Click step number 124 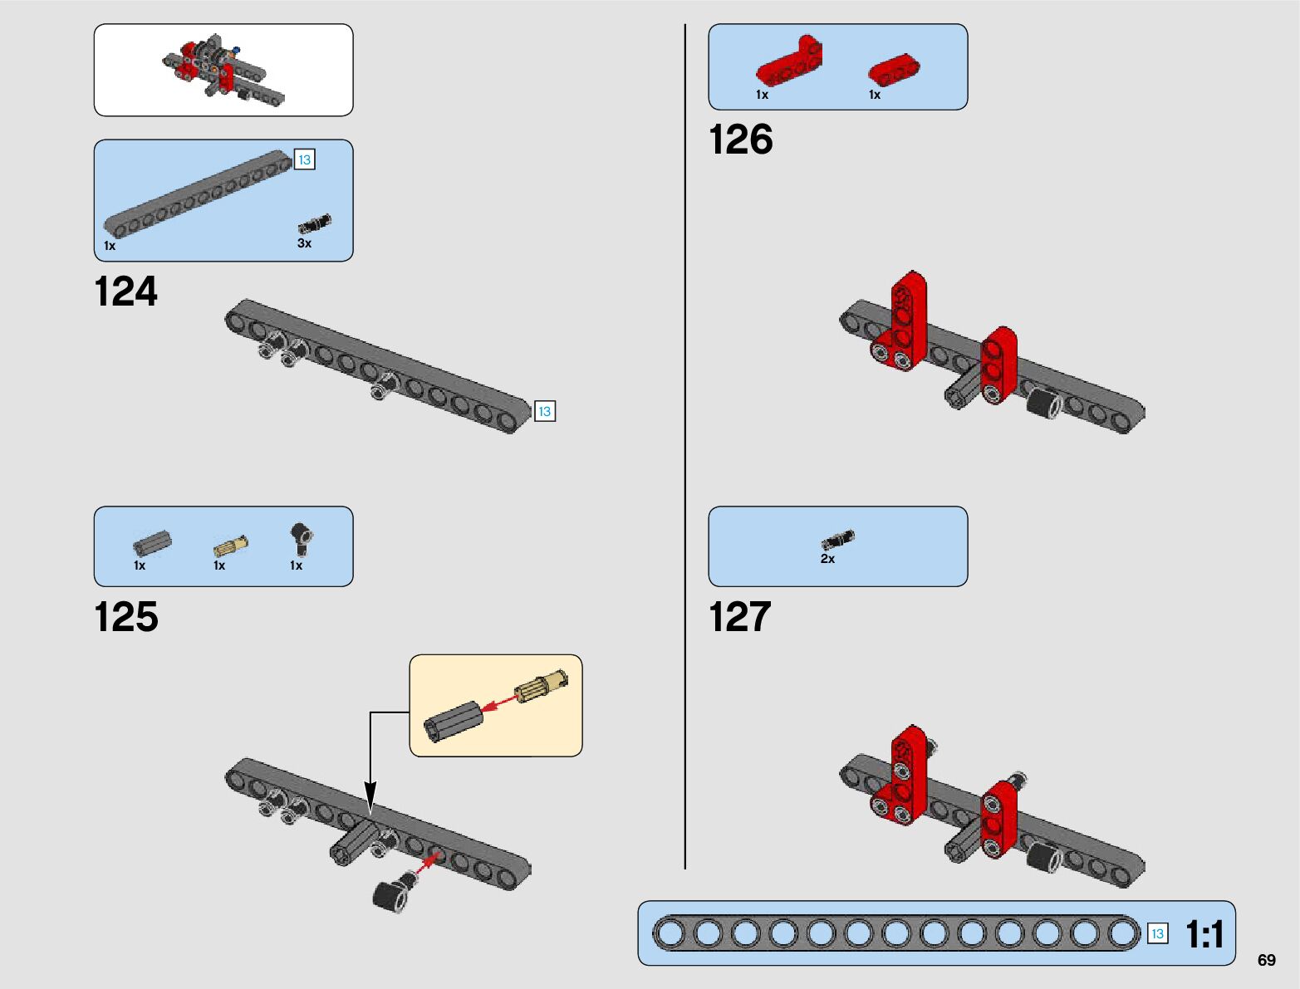[x=125, y=292]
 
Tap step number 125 [x=125, y=618]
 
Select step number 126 [x=740, y=140]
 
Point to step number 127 [x=739, y=618]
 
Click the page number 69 [x=1266, y=960]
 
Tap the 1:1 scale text [x=1204, y=934]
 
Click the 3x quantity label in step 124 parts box [x=304, y=243]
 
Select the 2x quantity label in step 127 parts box [x=827, y=559]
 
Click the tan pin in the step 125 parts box [x=230, y=546]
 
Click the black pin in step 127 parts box [x=837, y=540]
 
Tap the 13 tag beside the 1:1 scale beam [x=1157, y=933]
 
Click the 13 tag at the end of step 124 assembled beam [x=545, y=411]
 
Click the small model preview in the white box [x=223, y=70]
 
